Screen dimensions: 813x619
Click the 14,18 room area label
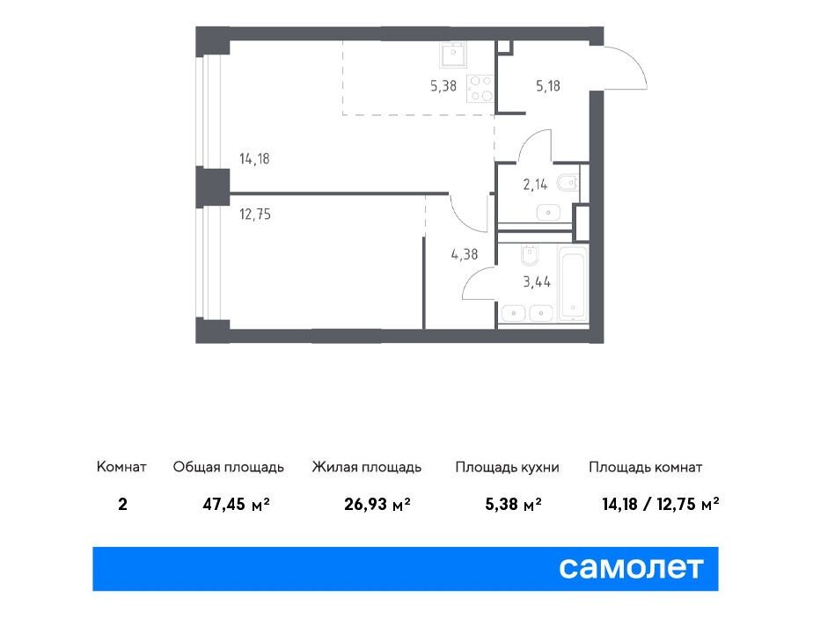point(254,158)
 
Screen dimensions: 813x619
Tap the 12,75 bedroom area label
point(254,214)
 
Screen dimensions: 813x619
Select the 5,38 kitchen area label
point(443,85)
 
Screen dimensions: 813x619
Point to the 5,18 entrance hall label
point(548,85)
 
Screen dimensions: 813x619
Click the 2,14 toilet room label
point(535,184)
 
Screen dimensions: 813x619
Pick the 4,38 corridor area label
point(464,254)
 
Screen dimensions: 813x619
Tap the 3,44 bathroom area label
point(537,281)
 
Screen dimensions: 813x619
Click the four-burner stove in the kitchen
point(480,89)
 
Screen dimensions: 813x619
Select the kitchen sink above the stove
point(453,55)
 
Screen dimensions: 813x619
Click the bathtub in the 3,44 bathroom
point(573,284)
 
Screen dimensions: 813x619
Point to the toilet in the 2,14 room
point(568,183)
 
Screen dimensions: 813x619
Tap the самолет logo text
point(631,568)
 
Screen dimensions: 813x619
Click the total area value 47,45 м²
point(236,504)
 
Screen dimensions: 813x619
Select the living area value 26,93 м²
point(377,504)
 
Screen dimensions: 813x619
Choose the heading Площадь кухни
point(507,467)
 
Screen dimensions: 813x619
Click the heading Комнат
point(121,467)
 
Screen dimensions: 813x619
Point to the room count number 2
point(122,504)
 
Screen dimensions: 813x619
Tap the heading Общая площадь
point(228,467)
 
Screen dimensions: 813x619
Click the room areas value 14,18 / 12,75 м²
point(661,504)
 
